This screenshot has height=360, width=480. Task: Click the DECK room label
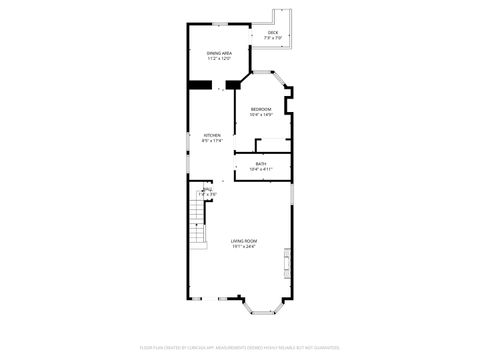point(273,33)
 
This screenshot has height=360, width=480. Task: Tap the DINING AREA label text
point(219,53)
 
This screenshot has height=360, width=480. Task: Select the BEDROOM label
point(260,109)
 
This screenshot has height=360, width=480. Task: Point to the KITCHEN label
point(212,136)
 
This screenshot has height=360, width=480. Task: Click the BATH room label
point(261,164)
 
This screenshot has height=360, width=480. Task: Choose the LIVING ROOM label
point(244,241)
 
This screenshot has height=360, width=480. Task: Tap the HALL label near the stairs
point(207,189)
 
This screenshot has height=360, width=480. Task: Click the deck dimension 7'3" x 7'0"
point(273,38)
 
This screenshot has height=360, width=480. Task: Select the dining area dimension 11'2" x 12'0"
point(219,58)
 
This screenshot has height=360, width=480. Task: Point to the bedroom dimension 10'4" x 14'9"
point(260,114)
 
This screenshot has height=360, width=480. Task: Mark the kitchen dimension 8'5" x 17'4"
point(212,141)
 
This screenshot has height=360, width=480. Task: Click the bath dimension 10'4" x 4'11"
point(261,169)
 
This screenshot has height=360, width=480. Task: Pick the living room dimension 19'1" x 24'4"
point(244,246)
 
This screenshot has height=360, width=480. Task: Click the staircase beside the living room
point(195,240)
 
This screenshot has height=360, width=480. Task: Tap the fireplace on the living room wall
point(287,263)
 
